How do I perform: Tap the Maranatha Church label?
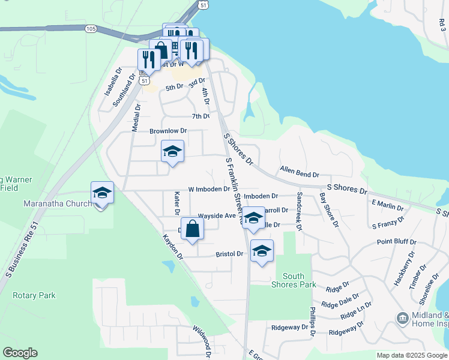pos(58,203)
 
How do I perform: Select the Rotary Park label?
pos(34,295)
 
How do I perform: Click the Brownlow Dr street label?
pos(168,130)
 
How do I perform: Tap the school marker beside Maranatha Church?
pos(102,193)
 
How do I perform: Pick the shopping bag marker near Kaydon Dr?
pos(192,229)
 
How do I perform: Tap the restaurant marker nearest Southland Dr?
pos(148,60)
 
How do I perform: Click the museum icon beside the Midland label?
pos(402,317)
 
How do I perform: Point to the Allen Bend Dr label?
pos(299,172)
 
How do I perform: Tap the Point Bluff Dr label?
pos(397,241)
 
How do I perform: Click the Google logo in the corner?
pos(20,353)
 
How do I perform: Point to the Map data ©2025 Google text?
pos(411,355)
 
